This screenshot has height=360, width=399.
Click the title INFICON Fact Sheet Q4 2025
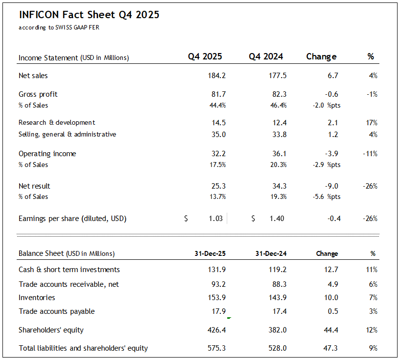[89, 15]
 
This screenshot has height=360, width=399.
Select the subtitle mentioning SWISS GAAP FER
[59, 28]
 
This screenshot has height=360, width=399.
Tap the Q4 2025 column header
[205, 56]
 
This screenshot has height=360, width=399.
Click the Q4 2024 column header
[266, 56]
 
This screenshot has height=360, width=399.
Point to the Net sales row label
[33, 76]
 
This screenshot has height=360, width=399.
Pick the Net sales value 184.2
[216, 76]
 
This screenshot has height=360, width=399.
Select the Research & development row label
[57, 122]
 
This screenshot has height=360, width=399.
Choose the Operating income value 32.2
[217, 154]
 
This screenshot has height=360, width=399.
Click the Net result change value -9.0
[331, 186]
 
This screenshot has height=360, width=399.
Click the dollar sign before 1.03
[186, 219]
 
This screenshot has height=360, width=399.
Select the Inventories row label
[37, 298]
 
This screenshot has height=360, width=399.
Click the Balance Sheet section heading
[66, 254]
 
